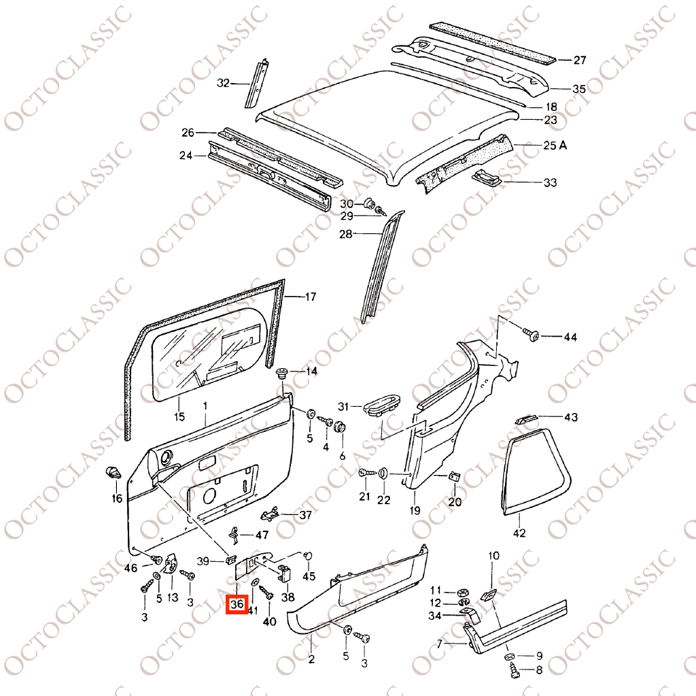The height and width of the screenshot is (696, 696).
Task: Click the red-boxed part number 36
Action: click(x=237, y=604)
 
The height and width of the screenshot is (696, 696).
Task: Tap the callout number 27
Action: click(x=580, y=60)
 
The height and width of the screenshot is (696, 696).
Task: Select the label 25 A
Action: click(x=555, y=146)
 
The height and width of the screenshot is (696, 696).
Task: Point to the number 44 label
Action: click(x=570, y=337)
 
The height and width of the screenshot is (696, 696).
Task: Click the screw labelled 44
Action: click(x=530, y=334)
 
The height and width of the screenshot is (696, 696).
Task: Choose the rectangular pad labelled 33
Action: click(x=487, y=177)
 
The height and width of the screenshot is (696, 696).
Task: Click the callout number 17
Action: click(x=310, y=297)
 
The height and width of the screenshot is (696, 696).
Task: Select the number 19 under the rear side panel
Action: click(x=415, y=510)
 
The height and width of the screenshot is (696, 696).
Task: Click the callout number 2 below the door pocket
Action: click(x=311, y=659)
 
